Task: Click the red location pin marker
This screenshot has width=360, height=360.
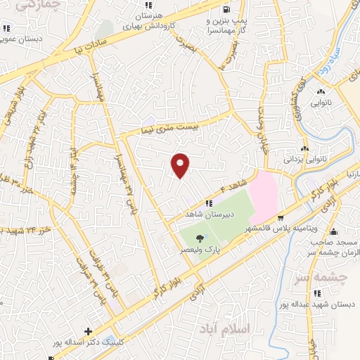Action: pyautogui.click(x=181, y=165)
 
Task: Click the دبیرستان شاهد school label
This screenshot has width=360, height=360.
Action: pyautogui.click(x=208, y=213)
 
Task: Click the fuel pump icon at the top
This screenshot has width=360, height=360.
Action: pyautogui.click(x=224, y=10)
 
